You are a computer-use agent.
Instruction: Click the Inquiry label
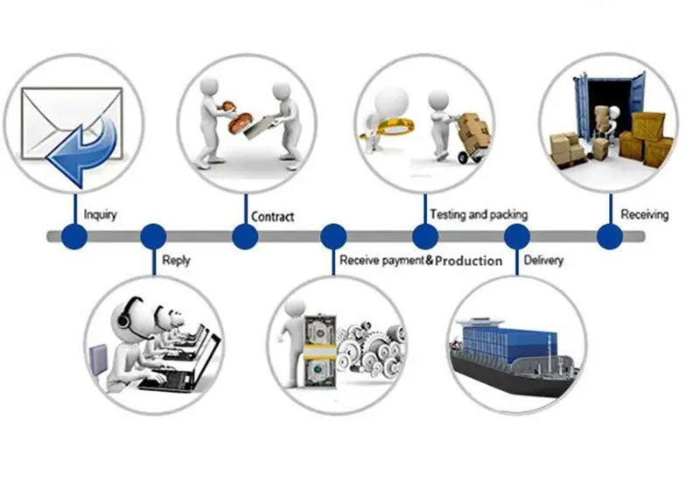click(101, 214)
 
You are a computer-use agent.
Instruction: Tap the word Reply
click(176, 260)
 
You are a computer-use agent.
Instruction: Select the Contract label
click(272, 216)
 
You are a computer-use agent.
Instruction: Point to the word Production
click(469, 261)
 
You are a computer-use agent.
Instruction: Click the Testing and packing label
click(479, 214)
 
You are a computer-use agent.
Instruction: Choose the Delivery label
click(543, 260)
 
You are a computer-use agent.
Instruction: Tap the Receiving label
click(644, 214)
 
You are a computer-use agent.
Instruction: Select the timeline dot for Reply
click(153, 236)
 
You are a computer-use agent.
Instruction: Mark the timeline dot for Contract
click(245, 236)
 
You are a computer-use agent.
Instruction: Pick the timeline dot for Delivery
click(517, 236)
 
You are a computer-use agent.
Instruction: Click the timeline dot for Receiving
click(610, 236)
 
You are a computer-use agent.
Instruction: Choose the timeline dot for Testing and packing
click(425, 236)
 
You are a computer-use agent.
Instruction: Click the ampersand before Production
click(430, 261)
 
